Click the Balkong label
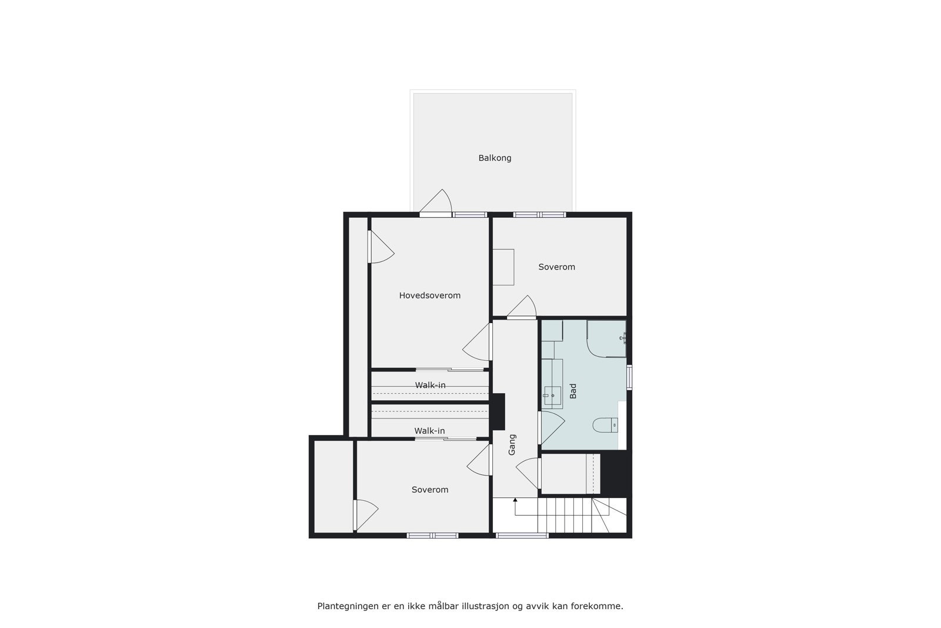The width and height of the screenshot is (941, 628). click(495, 158)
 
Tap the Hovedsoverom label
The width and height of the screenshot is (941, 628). click(429, 295)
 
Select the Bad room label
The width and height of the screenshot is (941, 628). click(573, 391)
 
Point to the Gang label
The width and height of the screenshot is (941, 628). click(512, 444)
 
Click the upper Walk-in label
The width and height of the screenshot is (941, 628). click(430, 385)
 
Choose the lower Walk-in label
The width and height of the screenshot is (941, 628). click(429, 431)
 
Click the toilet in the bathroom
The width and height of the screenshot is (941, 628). click(606, 424)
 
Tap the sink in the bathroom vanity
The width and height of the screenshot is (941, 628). click(552, 396)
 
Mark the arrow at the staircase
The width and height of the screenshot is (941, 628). click(515, 501)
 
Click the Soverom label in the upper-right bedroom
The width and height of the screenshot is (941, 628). click(556, 267)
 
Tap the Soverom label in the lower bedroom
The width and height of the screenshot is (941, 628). click(429, 490)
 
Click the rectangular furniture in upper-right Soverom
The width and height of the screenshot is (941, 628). click(503, 267)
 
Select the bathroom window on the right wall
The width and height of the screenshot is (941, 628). click(629, 377)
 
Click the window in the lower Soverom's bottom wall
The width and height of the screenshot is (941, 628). click(433, 536)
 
